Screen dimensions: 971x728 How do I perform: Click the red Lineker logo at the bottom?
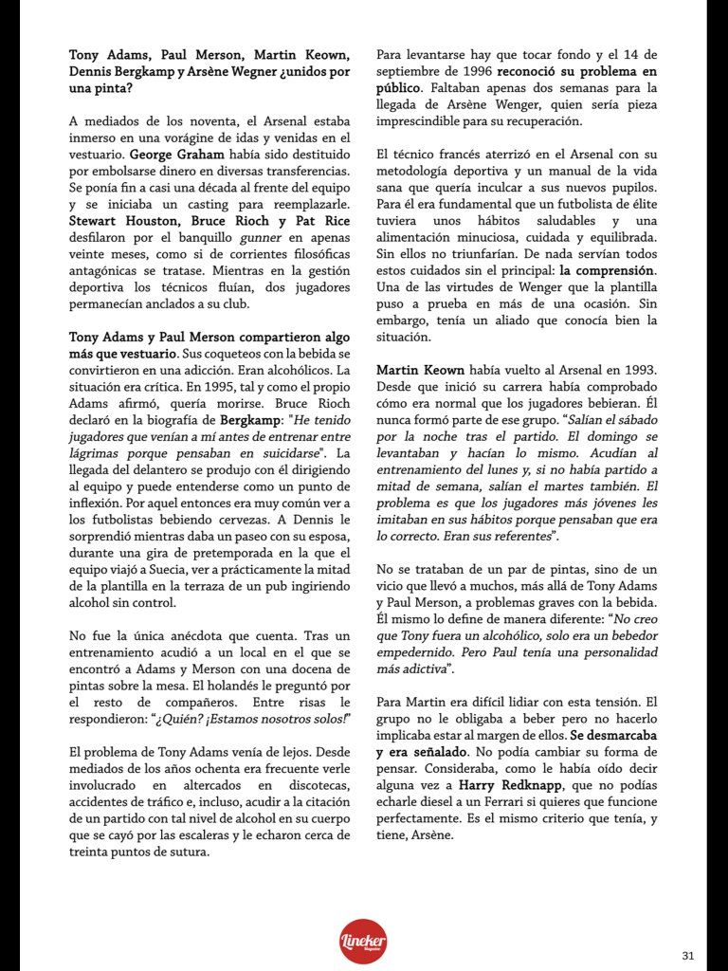point(364,941)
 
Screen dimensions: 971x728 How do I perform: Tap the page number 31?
point(688,955)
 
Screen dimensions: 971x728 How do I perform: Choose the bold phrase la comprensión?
point(607,272)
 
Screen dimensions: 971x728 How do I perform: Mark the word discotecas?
point(315,786)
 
